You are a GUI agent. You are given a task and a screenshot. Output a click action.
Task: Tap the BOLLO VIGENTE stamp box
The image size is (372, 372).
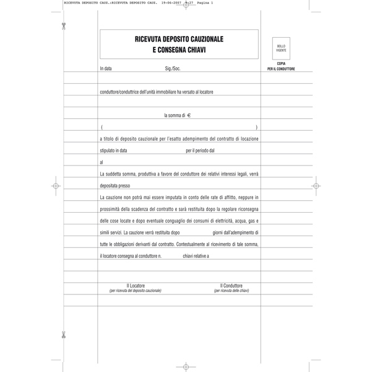click(281, 48)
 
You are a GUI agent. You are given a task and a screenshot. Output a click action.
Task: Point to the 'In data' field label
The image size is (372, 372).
click(106, 69)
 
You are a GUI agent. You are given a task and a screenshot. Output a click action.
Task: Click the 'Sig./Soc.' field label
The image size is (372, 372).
click(173, 69)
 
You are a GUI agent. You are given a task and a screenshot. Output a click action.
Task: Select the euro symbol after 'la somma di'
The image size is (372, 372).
click(189, 115)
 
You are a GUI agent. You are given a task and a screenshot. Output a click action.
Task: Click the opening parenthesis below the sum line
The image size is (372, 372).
click(101, 127)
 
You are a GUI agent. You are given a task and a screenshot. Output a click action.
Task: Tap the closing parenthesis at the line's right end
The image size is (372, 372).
click(256, 127)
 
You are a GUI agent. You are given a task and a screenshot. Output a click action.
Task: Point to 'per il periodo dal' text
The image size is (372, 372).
click(200, 150)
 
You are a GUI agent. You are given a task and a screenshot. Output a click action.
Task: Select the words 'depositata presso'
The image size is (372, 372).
click(115, 185)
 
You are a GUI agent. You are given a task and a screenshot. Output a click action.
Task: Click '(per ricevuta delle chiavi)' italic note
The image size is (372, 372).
click(231, 290)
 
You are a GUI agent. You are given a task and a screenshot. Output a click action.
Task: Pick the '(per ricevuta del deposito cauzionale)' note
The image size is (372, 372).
click(136, 290)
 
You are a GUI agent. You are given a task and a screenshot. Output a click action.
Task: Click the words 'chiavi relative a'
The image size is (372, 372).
click(196, 255)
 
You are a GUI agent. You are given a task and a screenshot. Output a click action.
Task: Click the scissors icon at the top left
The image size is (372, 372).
click(64, 25)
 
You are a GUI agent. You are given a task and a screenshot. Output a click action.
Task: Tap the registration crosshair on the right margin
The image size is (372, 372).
click(316, 185)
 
